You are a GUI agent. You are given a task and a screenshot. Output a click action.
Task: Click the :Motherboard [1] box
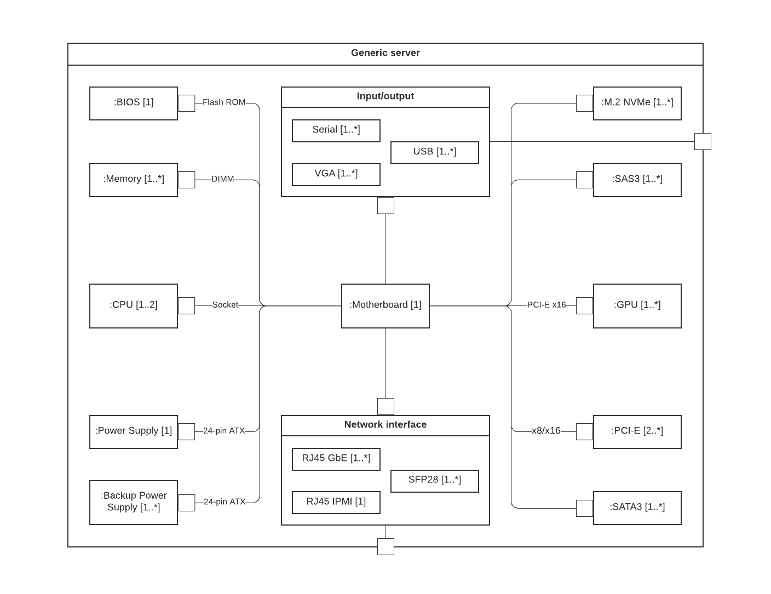[x=385, y=305]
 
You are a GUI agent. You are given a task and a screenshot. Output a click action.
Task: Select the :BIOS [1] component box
[x=134, y=103]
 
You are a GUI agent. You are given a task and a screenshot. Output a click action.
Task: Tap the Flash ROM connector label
[x=224, y=102]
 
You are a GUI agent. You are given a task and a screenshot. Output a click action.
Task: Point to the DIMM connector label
[x=222, y=179]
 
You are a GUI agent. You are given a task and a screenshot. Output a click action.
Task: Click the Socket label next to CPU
[x=225, y=305]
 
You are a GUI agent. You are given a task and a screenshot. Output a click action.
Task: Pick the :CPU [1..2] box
[x=134, y=305]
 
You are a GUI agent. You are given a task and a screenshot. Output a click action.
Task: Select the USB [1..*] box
[x=434, y=152]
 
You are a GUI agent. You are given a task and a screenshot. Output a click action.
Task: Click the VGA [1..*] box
[x=336, y=174]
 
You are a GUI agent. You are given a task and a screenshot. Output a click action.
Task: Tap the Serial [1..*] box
[x=336, y=130]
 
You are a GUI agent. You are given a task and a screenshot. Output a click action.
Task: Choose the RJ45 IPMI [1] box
[x=336, y=502]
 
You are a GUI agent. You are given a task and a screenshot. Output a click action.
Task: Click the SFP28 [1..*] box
[x=434, y=481]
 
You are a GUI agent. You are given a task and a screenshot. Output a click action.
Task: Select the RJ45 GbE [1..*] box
[x=336, y=459]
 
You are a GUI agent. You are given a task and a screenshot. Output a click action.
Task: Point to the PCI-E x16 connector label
[x=546, y=305]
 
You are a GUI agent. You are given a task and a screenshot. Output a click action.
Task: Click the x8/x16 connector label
[x=546, y=431]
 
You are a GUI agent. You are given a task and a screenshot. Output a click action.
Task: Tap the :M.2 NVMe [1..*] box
[x=637, y=103]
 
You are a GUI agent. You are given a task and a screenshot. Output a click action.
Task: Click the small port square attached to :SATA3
[x=584, y=508]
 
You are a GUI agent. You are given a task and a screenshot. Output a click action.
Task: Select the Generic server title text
[x=385, y=53]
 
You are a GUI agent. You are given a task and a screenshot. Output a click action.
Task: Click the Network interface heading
[x=385, y=425]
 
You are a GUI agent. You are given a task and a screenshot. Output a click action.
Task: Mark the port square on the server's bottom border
[x=385, y=546]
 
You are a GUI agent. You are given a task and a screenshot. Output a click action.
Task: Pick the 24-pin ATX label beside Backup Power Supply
[x=225, y=502]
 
